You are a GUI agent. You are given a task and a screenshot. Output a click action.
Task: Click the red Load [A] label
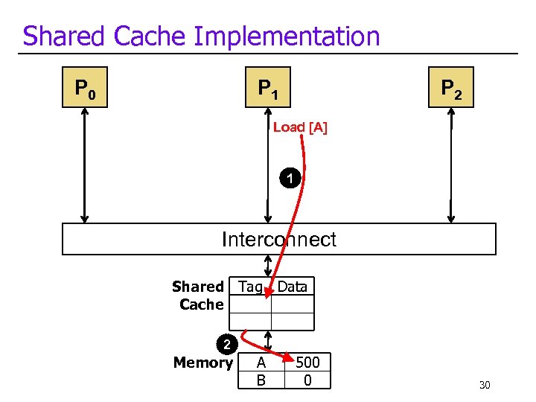click(x=300, y=127)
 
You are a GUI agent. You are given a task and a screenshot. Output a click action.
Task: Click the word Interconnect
click(x=279, y=240)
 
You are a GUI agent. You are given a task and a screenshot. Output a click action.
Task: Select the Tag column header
click(x=250, y=287)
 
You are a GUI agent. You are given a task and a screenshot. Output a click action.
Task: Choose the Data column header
click(x=293, y=287)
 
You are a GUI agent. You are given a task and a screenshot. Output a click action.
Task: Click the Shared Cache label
click(x=199, y=296)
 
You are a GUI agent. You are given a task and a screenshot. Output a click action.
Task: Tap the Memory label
click(x=203, y=363)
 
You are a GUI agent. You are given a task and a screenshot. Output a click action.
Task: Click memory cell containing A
click(x=261, y=363)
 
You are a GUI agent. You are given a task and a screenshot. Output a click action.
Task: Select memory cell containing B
click(x=261, y=380)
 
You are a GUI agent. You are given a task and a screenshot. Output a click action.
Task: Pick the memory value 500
click(x=307, y=363)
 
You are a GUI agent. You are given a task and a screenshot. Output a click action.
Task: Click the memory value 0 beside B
click(x=307, y=380)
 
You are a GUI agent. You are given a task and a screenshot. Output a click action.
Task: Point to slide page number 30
click(x=485, y=385)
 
